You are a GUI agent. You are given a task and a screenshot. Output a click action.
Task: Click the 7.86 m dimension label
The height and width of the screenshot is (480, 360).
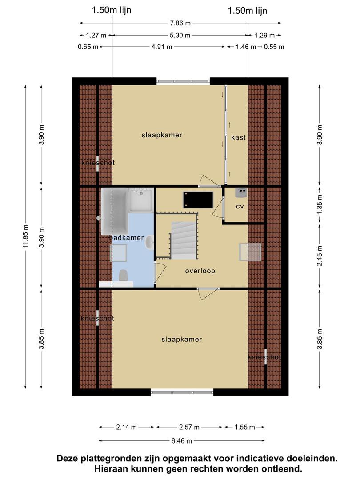coord(180,23)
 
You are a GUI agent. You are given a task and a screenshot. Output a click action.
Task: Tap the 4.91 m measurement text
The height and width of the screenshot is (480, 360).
coord(162,47)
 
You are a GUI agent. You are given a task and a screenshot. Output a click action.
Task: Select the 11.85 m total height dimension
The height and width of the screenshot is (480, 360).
coord(26,236)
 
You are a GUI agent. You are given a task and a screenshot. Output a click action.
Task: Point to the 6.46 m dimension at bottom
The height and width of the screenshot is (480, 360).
coord(181,441)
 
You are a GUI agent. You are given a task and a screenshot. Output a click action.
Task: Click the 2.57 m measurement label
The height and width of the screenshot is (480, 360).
coord(189,427)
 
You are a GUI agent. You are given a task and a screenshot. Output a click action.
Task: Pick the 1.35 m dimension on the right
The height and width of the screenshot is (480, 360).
coord(320,204)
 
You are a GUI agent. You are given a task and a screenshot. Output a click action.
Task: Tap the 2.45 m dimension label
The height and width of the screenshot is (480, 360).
coord(320,256)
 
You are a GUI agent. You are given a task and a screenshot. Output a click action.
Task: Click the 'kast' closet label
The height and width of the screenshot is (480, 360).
coord(239,137)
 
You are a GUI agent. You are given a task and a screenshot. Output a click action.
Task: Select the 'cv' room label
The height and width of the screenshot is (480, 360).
coord(240,207)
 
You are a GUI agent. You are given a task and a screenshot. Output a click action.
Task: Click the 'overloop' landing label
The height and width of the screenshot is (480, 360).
coord(200,271)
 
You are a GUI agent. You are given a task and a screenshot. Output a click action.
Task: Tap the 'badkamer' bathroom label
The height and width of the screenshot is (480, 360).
coord(127,237)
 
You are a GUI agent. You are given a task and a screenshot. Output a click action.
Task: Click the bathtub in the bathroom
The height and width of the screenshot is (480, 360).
coord(115,211)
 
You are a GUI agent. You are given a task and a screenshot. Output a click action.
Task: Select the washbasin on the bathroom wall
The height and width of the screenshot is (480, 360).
coord(150,243)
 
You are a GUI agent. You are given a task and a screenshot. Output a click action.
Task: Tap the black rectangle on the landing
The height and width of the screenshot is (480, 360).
coord(198,200)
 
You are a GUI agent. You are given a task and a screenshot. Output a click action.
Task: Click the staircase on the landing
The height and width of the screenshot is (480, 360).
coord(184,240)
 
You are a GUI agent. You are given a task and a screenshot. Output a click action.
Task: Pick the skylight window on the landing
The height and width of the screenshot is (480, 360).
coord(250,252)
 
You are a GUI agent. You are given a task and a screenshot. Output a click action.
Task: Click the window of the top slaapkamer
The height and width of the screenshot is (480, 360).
coord(184,81)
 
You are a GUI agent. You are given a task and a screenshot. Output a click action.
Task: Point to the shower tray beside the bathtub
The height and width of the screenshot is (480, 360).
coord(141,200)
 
